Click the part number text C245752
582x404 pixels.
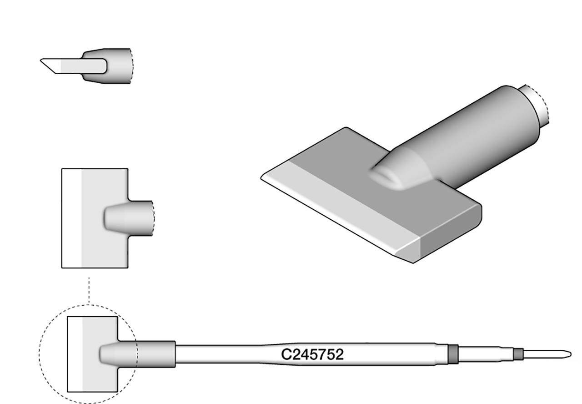point(312,354)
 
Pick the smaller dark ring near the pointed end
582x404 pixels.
point(518,354)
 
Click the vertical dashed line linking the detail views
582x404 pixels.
point(89,290)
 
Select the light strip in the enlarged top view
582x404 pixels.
point(71,218)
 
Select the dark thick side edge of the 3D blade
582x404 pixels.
point(450,234)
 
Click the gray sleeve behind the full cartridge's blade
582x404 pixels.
point(155,354)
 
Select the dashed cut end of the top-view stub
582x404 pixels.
point(154,218)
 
